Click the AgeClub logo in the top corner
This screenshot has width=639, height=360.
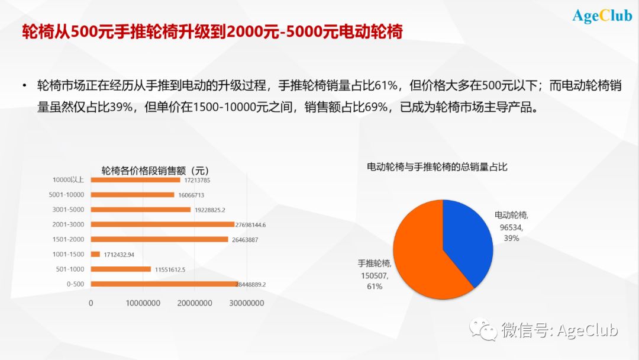602,17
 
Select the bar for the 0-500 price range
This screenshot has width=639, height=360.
164,284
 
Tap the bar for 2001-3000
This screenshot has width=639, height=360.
163,224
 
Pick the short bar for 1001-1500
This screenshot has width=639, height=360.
95,254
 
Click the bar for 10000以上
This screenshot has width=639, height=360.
135,180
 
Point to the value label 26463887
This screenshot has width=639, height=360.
245,240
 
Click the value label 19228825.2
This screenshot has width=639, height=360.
210,210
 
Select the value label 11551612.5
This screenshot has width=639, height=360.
170,269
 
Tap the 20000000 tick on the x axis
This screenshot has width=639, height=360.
195,303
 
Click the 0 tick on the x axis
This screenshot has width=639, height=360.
91,303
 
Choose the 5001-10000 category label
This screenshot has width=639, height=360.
66,194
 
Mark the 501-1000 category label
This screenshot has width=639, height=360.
70,269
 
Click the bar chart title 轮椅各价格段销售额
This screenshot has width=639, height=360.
143,171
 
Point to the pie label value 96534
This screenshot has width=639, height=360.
511,227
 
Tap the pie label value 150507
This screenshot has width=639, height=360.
374,275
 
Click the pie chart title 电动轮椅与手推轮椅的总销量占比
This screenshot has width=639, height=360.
437,167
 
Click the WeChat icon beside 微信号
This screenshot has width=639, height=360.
483,329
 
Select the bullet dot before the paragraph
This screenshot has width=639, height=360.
24,86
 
